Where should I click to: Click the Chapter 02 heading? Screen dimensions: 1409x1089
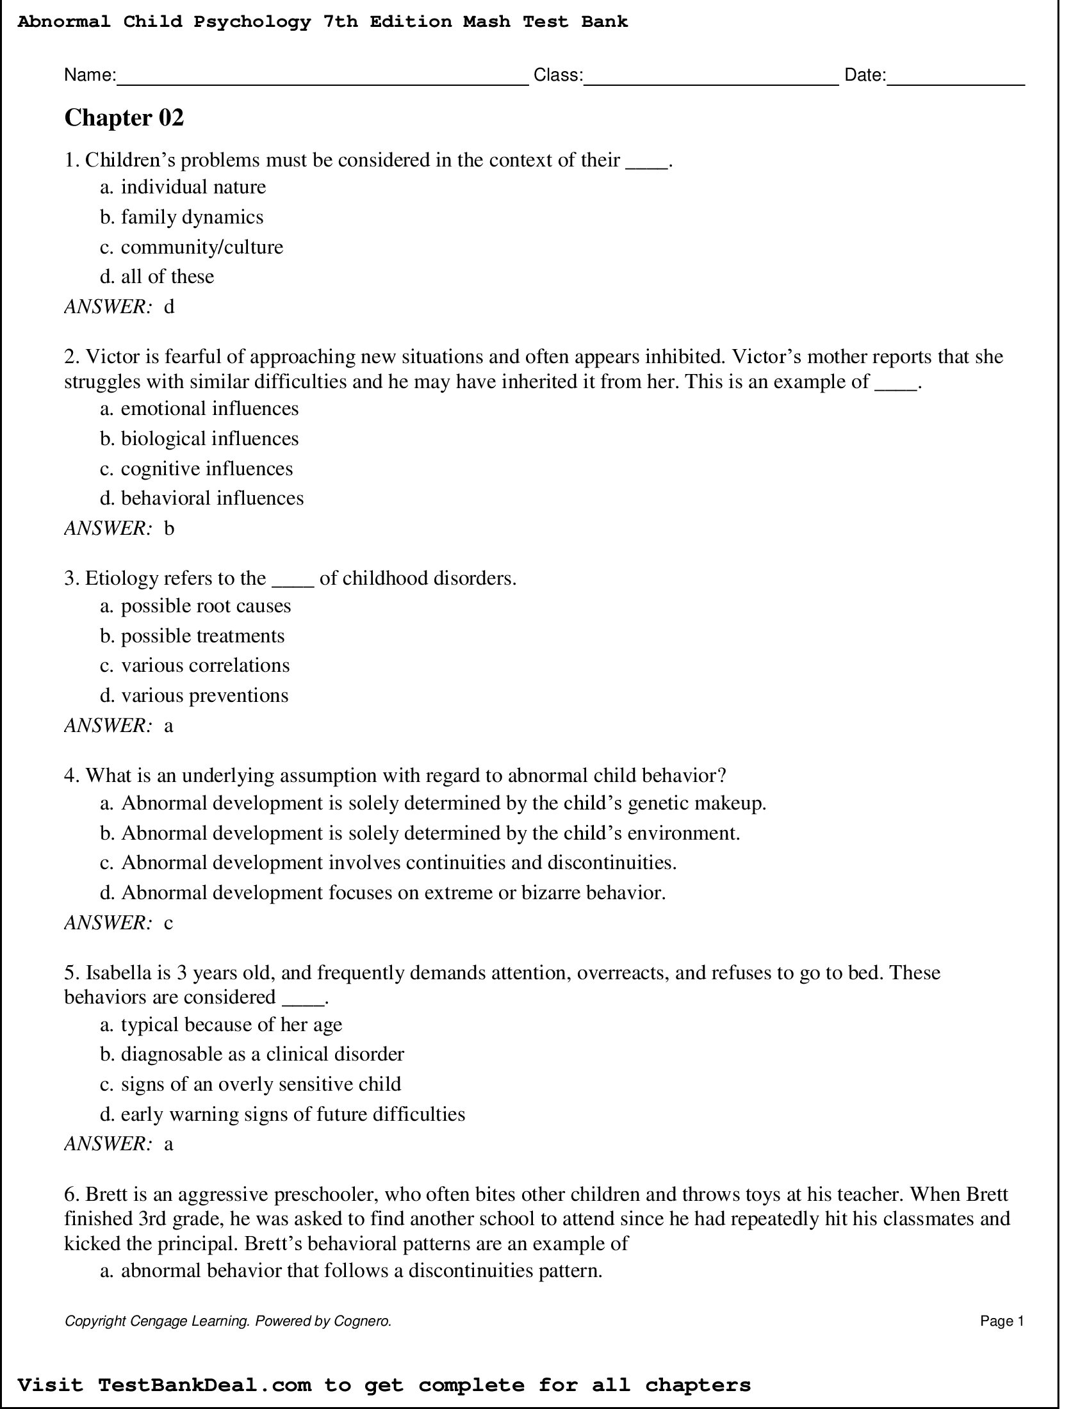124,118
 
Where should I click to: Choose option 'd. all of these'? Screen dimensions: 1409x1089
157,277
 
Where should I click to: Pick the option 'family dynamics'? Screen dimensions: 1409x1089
192,217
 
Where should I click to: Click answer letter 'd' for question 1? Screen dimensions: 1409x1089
169,306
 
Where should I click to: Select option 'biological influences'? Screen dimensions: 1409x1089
209,439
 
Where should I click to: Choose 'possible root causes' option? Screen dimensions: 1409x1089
205,606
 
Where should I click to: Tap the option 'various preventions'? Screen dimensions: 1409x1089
204,696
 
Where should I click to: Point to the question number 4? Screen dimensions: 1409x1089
70,776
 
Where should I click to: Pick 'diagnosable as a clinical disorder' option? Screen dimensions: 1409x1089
262,1054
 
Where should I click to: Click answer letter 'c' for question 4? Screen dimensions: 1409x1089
168,923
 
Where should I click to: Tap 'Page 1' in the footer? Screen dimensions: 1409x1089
1001,1321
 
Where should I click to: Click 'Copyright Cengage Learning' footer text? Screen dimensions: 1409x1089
158,1321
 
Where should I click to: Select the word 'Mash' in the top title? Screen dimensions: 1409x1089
486,22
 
